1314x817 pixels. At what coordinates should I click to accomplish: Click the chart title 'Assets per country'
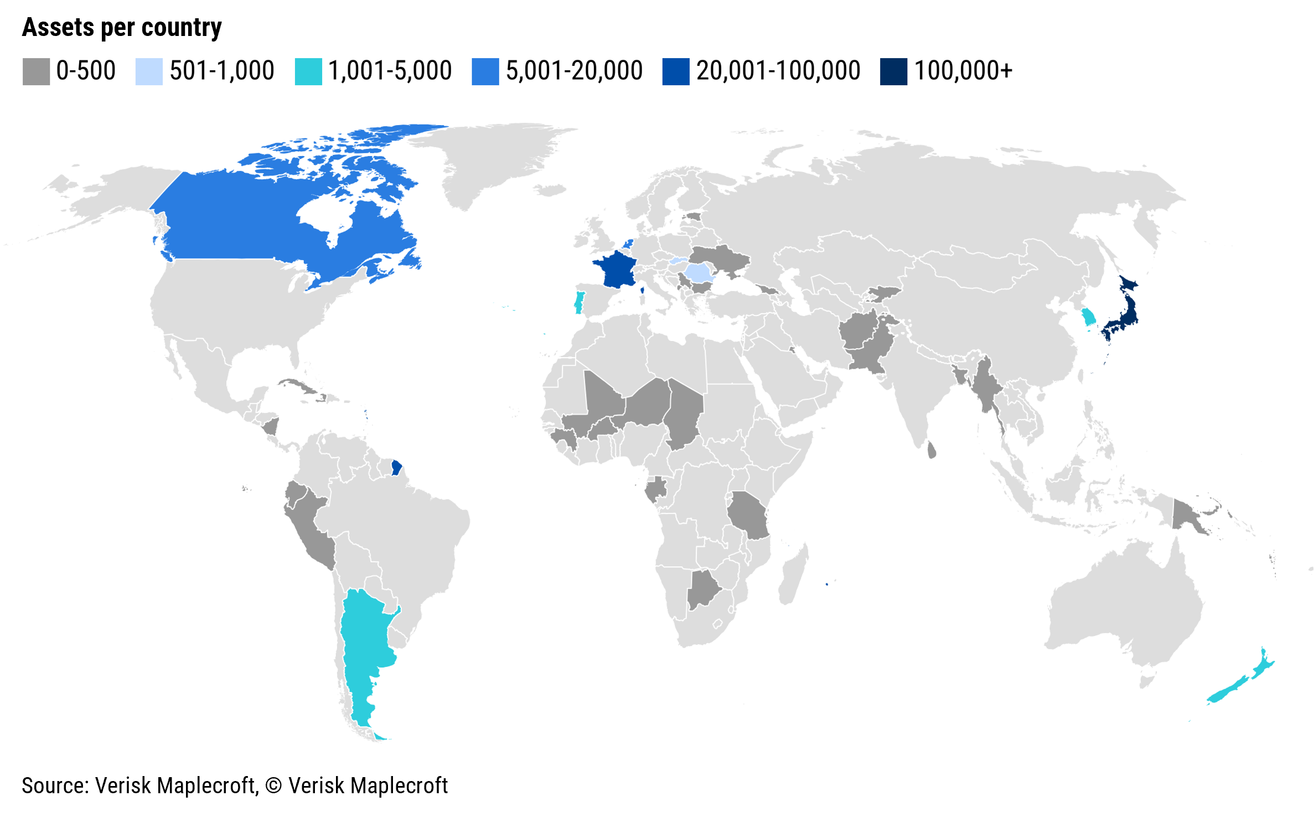pyautogui.click(x=122, y=28)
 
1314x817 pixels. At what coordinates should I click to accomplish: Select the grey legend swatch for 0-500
pyautogui.click(x=36, y=71)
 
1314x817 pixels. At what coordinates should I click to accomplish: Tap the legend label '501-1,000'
pyautogui.click(x=221, y=71)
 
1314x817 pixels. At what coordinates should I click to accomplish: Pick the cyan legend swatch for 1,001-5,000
pyautogui.click(x=308, y=71)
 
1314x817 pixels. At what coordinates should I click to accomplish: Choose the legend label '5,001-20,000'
pyautogui.click(x=574, y=71)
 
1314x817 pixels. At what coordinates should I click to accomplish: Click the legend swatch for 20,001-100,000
pyautogui.click(x=675, y=71)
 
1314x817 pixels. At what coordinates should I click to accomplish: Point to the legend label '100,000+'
pyautogui.click(x=963, y=71)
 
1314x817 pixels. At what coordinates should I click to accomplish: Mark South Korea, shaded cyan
pyautogui.click(x=1088, y=317)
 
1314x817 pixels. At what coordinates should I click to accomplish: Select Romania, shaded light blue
pyautogui.click(x=698, y=272)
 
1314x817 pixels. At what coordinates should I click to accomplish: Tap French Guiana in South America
pyautogui.click(x=396, y=468)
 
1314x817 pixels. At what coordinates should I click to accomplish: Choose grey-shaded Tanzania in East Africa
pyautogui.click(x=748, y=515)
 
